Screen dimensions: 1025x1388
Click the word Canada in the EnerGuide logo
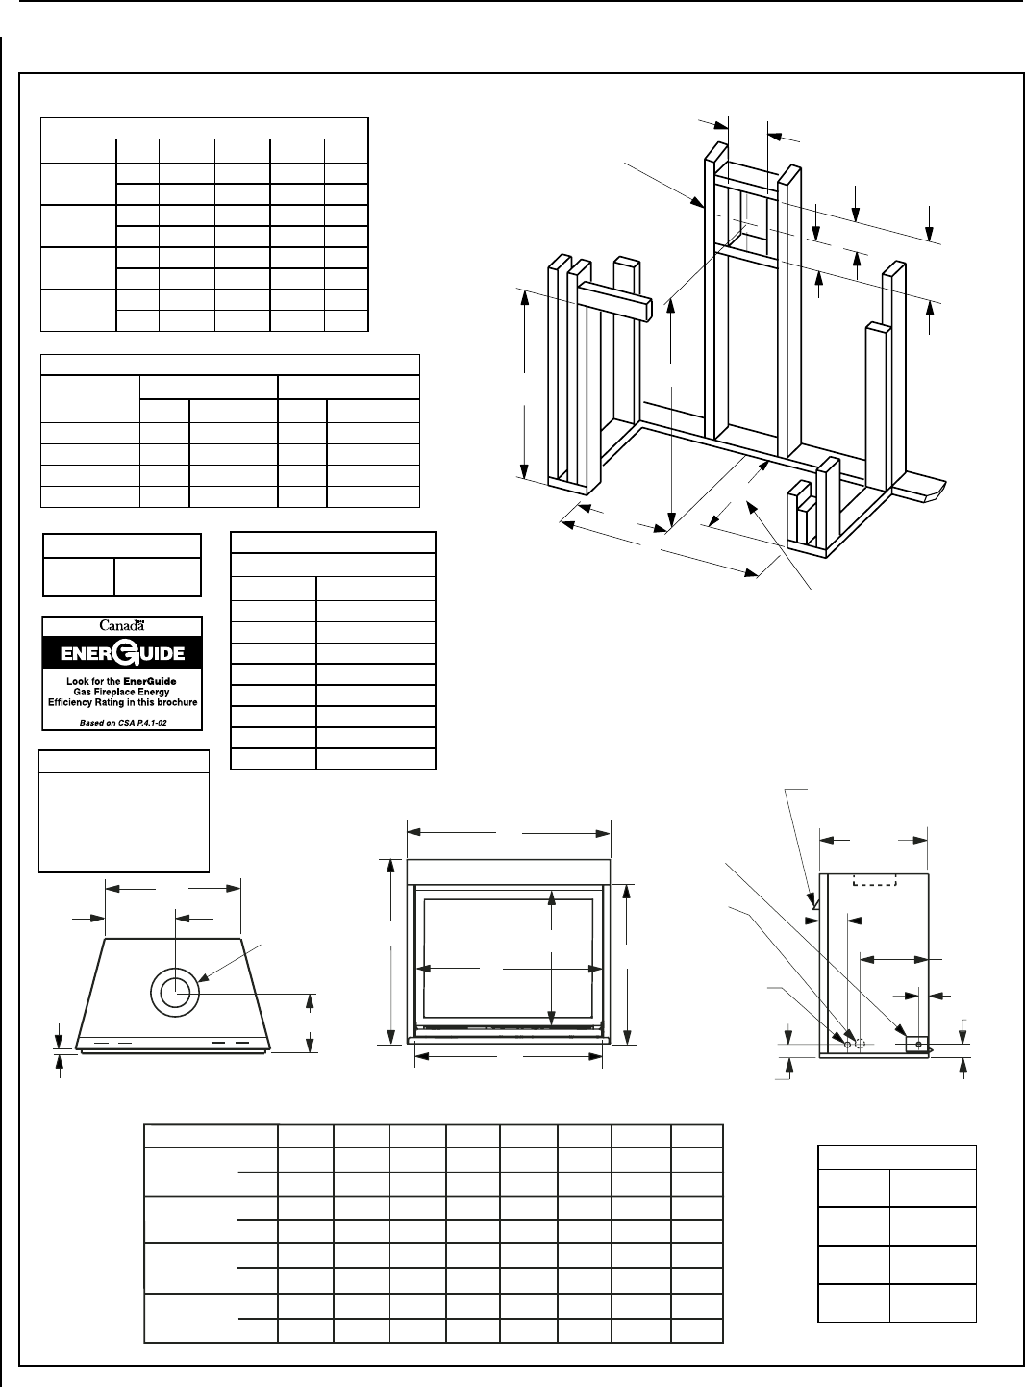[122, 625]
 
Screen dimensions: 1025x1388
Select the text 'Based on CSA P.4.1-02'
[123, 723]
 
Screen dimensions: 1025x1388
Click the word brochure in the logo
[177, 702]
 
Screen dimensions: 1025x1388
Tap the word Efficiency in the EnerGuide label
[70, 702]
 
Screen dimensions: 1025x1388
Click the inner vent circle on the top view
[175, 993]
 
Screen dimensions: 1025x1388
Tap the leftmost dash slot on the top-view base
[101, 1043]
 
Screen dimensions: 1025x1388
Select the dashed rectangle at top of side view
[875, 879]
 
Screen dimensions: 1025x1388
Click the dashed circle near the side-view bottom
[860, 1044]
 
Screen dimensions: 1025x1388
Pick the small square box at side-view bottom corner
[917, 1044]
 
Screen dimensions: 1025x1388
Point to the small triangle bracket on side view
[815, 902]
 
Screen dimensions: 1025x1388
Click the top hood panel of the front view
[508, 871]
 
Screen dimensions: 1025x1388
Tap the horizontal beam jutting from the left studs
[615, 301]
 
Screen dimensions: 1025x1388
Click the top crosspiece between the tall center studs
[748, 188]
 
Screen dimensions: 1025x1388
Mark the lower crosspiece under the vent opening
[748, 255]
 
